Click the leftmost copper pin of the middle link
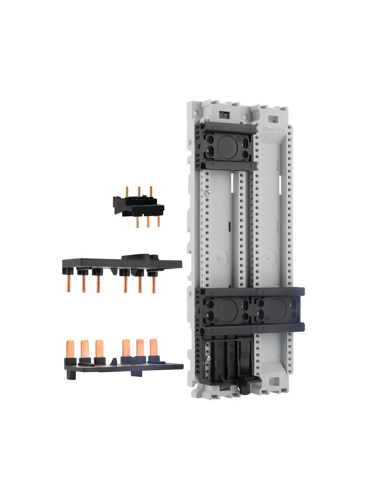[x=68, y=283]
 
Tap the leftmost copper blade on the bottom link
[x=70, y=349]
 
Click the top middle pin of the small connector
[x=139, y=191]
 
